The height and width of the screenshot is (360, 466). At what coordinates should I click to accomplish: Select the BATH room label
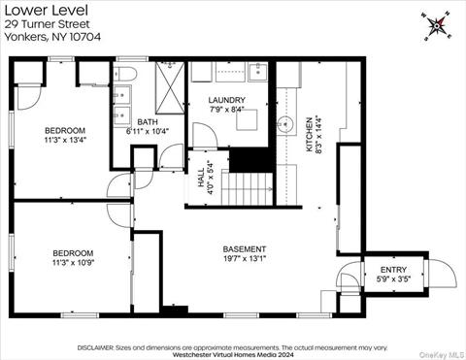pos(147,122)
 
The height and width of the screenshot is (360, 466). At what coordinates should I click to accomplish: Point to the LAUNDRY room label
pos(227,100)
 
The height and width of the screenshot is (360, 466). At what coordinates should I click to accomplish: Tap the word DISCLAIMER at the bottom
pos(96,345)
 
